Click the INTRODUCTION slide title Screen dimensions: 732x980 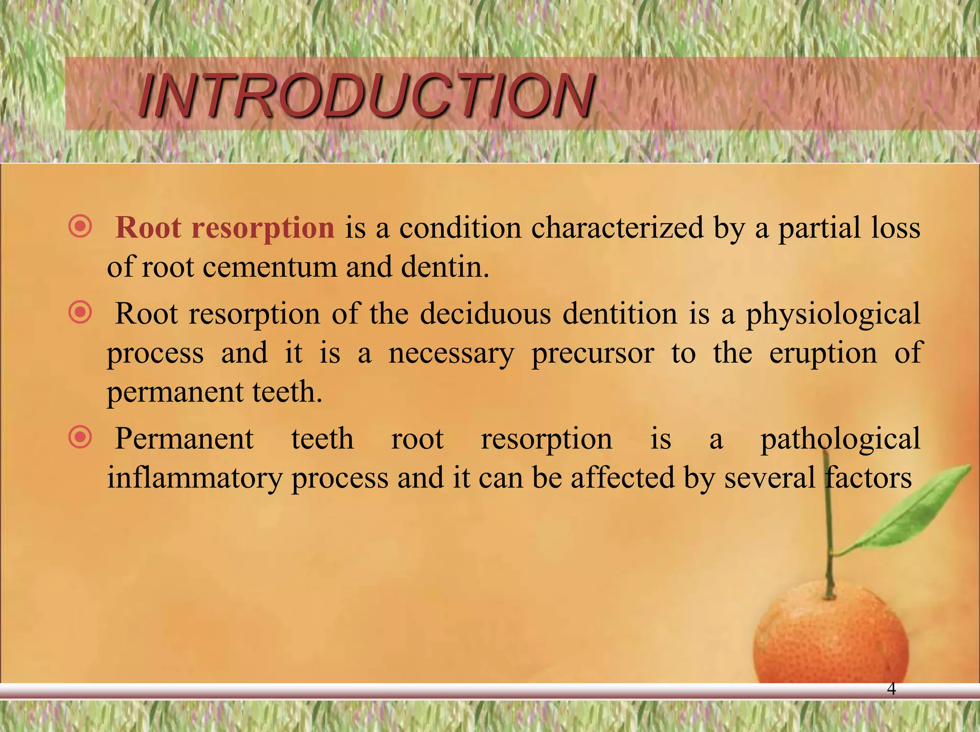[366, 96]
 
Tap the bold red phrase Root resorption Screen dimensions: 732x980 [225, 228]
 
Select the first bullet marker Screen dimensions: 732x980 [80, 226]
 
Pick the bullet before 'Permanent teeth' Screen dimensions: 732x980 [80, 437]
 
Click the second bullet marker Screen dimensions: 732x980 [80, 313]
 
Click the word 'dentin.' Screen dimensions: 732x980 [445, 267]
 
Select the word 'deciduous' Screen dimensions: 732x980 [486, 314]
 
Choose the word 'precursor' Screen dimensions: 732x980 [592, 354]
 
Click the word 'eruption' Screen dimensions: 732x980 [823, 354]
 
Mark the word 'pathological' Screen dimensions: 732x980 [840, 439]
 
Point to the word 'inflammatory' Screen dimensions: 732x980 [194, 478]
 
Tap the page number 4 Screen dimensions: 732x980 [891, 689]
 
